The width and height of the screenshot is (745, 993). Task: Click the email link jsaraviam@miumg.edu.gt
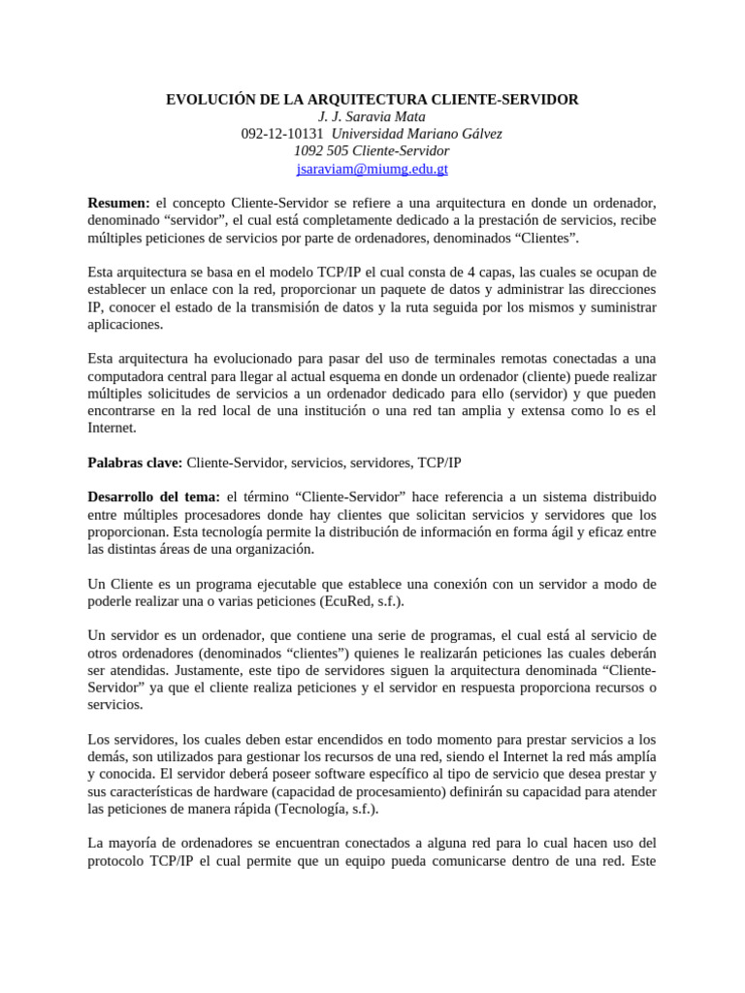pos(372,169)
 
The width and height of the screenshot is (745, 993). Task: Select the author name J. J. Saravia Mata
pos(372,117)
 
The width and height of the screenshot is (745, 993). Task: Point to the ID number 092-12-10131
pos(282,134)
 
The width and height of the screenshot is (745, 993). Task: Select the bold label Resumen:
pos(119,203)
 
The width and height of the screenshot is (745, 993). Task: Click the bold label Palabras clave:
pos(135,463)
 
